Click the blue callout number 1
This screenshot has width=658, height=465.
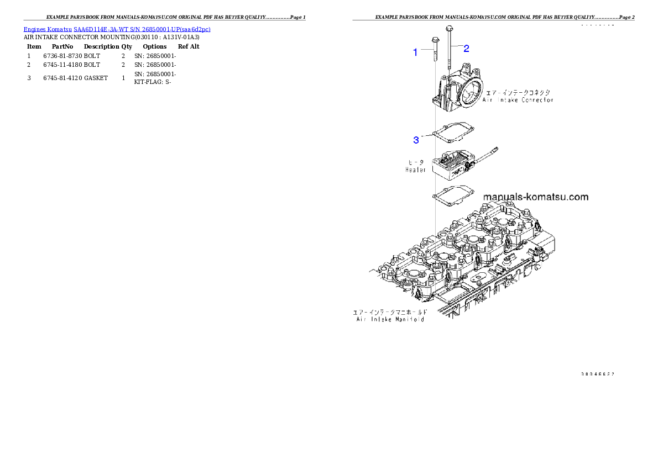[x=416, y=52]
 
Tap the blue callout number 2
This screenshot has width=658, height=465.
[x=466, y=49]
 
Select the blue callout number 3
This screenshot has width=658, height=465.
[x=416, y=140]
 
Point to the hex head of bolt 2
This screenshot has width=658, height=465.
[x=448, y=28]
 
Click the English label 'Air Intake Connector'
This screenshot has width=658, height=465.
[x=518, y=100]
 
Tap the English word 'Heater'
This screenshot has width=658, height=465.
[x=415, y=170]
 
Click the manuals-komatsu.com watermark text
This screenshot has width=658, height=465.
[x=535, y=197]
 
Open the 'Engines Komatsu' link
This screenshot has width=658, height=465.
[x=48, y=29]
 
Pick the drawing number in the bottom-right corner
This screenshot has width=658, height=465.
[x=598, y=374]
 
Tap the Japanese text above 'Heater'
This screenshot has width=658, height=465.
[x=416, y=162]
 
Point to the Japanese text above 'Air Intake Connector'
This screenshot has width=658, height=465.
[x=518, y=92]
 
